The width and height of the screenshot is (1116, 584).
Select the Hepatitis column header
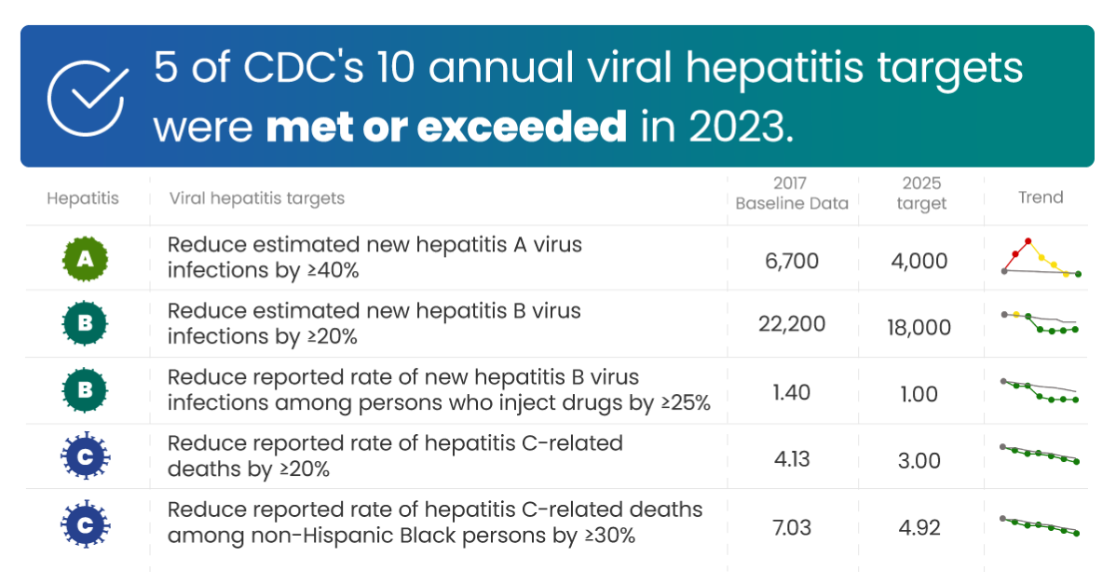(x=83, y=198)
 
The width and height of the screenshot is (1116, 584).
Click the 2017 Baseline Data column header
(x=791, y=194)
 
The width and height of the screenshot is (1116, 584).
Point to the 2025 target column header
(x=920, y=194)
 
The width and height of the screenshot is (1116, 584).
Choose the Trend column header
(x=1040, y=197)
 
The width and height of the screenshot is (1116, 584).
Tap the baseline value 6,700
(x=792, y=261)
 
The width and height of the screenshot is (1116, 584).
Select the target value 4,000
(x=919, y=261)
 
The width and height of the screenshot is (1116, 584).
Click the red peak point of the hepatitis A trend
(x=1028, y=240)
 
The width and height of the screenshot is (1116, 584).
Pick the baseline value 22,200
(x=791, y=324)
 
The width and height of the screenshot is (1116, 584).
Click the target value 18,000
(x=919, y=327)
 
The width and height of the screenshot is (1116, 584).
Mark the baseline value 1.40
(x=792, y=393)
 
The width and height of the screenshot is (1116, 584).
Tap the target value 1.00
(x=919, y=394)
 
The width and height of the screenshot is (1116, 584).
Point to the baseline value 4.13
(x=792, y=460)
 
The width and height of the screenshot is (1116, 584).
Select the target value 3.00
(x=919, y=461)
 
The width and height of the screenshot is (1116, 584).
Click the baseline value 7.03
(x=792, y=528)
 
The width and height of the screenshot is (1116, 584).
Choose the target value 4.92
(x=919, y=528)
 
